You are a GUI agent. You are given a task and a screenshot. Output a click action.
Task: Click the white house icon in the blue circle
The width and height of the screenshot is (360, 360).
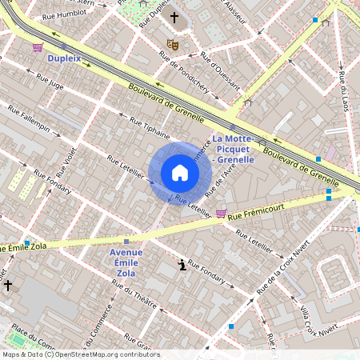[x=180, y=173]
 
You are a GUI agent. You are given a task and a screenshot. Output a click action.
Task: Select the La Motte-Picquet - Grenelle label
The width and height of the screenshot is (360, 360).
[x=233, y=150]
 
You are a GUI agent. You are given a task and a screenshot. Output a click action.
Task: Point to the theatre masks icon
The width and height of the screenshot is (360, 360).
[x=172, y=43]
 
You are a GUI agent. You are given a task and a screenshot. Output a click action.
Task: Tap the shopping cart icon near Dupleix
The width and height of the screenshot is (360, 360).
[x=38, y=47]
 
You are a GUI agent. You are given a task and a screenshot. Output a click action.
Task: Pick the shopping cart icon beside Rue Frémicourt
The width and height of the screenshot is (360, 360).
[x=221, y=213]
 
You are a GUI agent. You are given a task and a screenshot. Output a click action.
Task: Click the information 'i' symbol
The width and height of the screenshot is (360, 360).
[x=183, y=265]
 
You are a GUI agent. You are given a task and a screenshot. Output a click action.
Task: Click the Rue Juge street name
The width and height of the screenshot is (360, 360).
[x=50, y=83]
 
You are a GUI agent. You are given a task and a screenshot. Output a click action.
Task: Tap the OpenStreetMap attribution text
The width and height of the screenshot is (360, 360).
[x=80, y=354]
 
